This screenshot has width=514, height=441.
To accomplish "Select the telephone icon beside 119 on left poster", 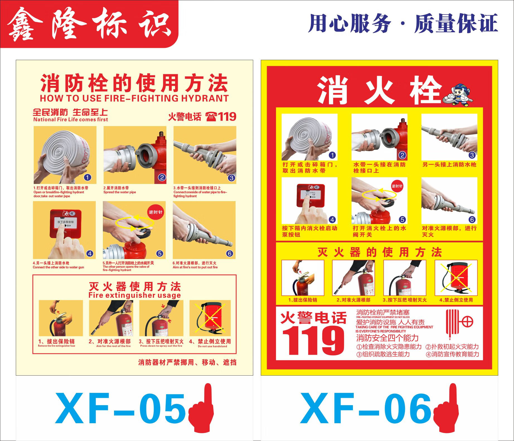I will click(x=211, y=116).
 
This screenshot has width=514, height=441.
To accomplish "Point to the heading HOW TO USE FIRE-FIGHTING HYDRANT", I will click(x=134, y=98).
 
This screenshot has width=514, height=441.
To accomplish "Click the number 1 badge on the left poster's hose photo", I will click(x=88, y=178).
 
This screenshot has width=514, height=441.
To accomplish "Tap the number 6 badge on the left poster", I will click(x=229, y=253).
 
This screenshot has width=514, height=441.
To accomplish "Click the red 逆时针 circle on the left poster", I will click(x=156, y=212).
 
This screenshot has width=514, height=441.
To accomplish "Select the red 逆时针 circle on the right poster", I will click(x=397, y=186).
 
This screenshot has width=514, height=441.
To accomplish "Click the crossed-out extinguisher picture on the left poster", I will click(x=210, y=318).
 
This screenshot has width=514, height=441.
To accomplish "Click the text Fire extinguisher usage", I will click(x=134, y=295).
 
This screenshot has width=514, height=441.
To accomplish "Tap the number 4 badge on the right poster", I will click(x=332, y=220).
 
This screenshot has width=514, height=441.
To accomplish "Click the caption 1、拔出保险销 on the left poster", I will click(x=57, y=341).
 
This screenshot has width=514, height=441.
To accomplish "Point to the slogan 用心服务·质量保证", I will click(x=403, y=23).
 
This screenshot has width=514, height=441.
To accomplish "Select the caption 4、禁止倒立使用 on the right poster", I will click(x=456, y=300).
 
